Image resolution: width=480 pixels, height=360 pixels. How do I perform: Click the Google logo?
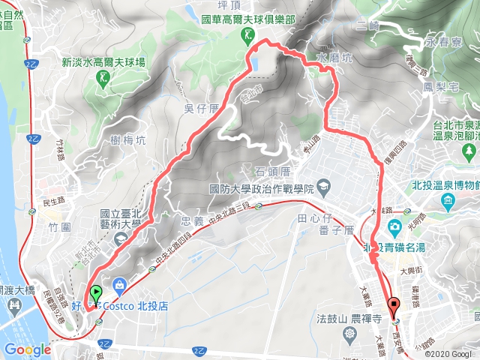click(x=26, y=349)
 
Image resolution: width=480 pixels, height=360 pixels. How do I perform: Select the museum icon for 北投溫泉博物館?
click(x=448, y=202)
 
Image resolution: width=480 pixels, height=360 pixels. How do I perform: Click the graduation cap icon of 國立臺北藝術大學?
click(x=120, y=238)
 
